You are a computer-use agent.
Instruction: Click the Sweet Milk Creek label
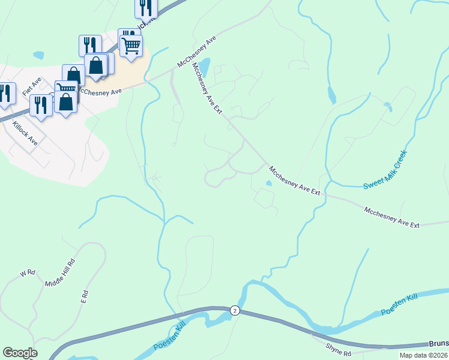coord(385,170)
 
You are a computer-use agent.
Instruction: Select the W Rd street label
coord(28,273)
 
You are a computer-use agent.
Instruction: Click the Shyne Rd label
coord(337,347)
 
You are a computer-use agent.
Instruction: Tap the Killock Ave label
coord(25,133)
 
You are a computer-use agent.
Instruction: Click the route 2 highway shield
coord(234,310)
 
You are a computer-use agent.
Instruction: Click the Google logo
coord(20,353)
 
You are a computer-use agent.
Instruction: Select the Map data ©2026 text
coord(423,355)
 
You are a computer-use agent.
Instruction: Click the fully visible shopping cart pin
coord(131,46)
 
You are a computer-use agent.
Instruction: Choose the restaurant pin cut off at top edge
coord(146,8)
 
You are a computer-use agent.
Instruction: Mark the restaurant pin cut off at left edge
coord(6,94)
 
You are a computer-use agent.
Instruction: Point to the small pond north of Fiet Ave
coord(39,55)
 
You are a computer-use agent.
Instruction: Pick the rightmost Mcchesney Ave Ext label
coord(391,217)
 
